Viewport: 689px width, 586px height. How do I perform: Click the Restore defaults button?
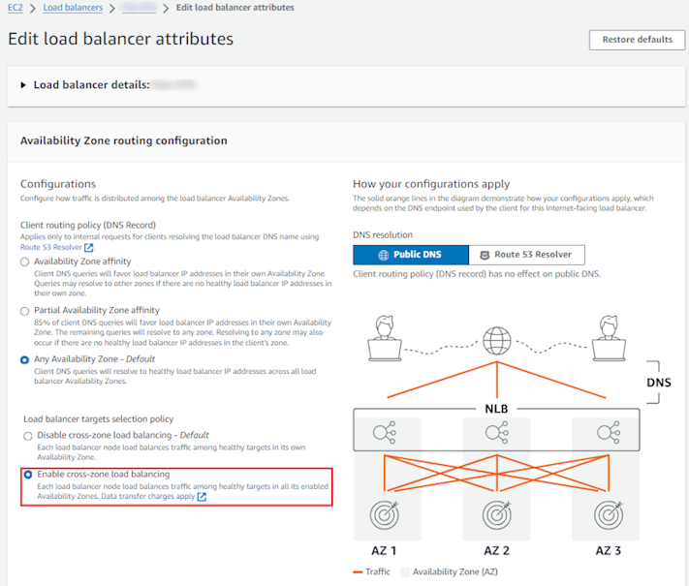637,40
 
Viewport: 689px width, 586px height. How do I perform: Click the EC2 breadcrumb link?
15,8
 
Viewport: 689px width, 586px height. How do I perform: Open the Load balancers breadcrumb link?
75,8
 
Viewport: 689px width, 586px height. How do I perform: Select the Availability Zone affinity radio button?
26,262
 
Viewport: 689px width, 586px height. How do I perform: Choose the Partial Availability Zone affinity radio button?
26,310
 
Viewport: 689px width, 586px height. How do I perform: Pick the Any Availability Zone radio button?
26,359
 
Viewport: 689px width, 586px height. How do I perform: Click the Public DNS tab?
411,255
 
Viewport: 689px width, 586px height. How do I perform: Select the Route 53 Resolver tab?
526,255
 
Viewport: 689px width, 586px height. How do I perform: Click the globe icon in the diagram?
498,340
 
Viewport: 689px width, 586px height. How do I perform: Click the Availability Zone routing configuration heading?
124,140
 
